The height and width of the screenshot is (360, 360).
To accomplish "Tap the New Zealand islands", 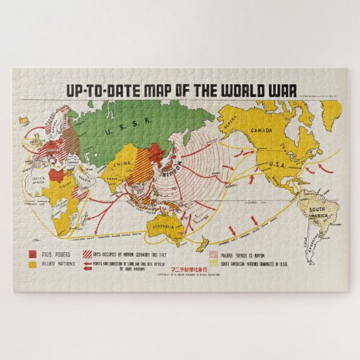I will coord(202,238).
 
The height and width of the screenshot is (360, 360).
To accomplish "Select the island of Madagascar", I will coord(84,219).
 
